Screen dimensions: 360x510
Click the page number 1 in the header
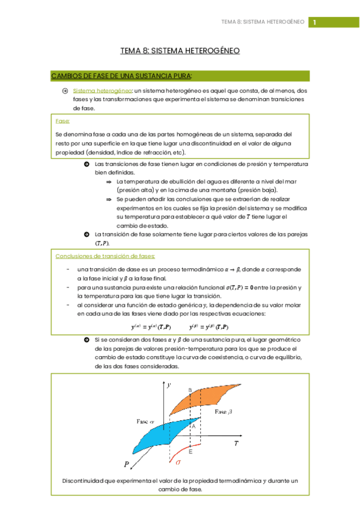[314, 22]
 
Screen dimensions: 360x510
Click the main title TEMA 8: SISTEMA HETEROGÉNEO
[180, 51]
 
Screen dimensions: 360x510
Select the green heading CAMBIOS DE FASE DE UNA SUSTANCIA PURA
[122, 76]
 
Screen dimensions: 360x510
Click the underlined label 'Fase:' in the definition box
[62, 121]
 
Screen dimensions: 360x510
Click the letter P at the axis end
[127, 464]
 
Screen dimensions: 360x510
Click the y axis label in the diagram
[169, 383]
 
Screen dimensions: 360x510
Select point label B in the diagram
[190, 390]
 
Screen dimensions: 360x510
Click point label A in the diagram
[194, 425]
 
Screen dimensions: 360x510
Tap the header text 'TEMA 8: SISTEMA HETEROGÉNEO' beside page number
[263, 22]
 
